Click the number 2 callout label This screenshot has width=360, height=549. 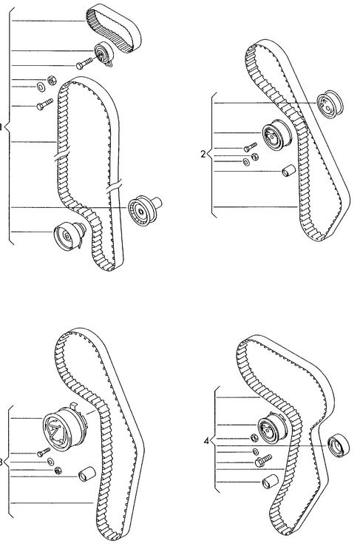[x=203, y=154]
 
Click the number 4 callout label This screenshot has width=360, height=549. [x=206, y=441]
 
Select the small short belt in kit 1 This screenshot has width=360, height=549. [x=114, y=28]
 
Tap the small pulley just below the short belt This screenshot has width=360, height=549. [x=104, y=54]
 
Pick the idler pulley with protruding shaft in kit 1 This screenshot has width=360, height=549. [x=144, y=210]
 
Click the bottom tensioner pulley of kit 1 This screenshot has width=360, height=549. [x=69, y=235]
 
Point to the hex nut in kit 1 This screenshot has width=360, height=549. [x=52, y=81]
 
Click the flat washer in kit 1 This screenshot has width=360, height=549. [x=41, y=87]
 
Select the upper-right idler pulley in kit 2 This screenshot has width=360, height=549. [x=330, y=104]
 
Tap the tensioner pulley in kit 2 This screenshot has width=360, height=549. [x=276, y=135]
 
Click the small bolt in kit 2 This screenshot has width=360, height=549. [x=251, y=147]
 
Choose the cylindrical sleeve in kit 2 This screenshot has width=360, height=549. [x=288, y=170]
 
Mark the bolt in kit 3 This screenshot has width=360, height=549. [x=44, y=452]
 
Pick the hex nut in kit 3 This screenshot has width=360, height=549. [x=58, y=471]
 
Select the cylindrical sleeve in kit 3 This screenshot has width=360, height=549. [x=87, y=474]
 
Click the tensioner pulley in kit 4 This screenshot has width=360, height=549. [x=273, y=428]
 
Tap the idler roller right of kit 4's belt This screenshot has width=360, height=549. [x=339, y=445]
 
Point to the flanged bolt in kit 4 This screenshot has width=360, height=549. [x=263, y=460]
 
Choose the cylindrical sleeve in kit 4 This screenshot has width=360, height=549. [x=271, y=482]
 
